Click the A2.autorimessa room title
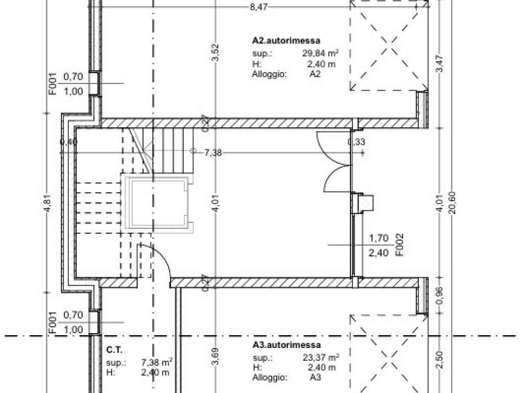click(x=286, y=41)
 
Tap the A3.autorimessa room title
click(x=287, y=345)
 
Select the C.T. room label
click(x=114, y=350)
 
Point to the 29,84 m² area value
click(x=321, y=53)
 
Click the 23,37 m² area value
click(x=321, y=357)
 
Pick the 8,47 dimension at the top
click(x=259, y=7)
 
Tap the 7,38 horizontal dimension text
click(x=213, y=153)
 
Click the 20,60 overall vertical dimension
click(x=453, y=203)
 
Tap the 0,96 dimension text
click(x=440, y=296)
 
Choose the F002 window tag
click(x=399, y=245)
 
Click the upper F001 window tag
click(x=53, y=84)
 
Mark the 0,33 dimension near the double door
click(x=356, y=142)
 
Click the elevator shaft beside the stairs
click(x=157, y=203)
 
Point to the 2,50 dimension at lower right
click(x=440, y=360)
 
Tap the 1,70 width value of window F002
click(x=378, y=238)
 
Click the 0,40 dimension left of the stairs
click(x=69, y=142)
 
